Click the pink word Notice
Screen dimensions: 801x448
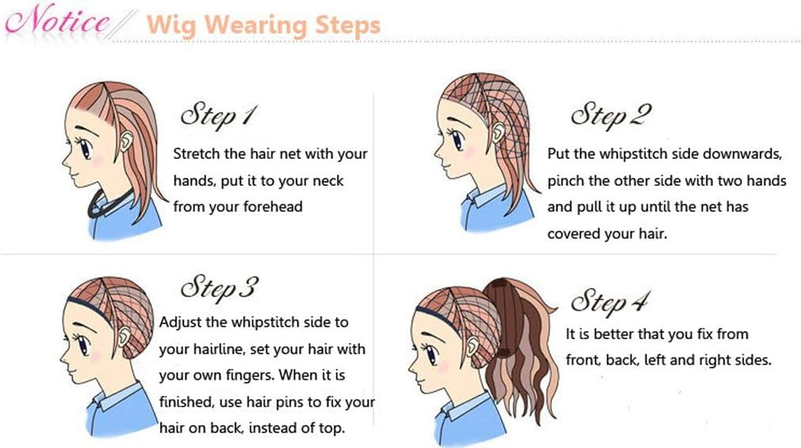57,20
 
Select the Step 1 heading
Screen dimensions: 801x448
219,116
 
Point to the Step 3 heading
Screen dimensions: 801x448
219,288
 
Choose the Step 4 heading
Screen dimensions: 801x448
610,304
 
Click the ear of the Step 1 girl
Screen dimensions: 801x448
126,141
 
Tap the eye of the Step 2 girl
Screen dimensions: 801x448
458,141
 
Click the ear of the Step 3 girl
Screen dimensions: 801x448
124,337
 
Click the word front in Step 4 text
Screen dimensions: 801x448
582,360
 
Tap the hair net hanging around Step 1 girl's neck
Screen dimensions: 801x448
107,205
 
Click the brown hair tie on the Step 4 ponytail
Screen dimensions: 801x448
504,353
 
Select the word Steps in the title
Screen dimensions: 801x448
347,26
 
